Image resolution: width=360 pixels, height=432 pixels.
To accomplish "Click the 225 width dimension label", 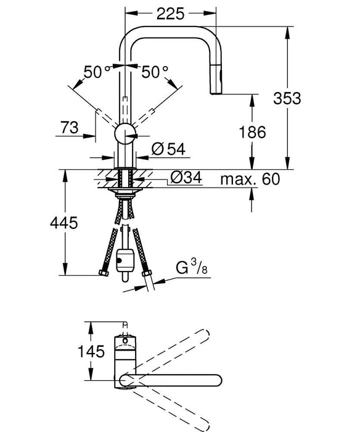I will [171, 14].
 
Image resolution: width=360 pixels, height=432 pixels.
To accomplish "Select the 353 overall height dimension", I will [287, 98].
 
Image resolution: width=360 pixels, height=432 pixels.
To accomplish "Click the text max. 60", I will [250, 180].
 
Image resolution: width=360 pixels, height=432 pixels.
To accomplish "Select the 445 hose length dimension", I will [63, 223].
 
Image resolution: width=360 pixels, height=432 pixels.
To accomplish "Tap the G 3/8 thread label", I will [192, 270].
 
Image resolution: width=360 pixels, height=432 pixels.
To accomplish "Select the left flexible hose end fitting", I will [102, 273].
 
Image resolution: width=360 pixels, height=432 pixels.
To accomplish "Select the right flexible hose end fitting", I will [147, 273].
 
